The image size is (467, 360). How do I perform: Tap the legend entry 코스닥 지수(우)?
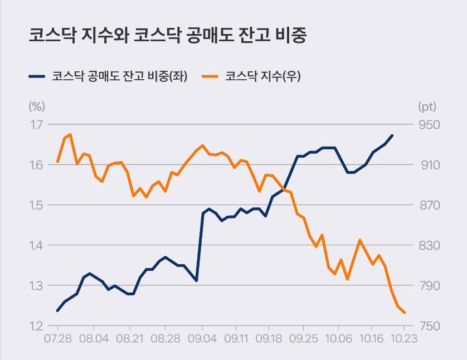coord(263,76)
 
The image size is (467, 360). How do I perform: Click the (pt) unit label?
coord(427,106)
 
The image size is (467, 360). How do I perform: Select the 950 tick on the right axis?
coord(427,124)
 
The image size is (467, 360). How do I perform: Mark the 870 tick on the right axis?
coord(427,205)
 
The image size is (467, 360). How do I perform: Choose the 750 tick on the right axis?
coord(427,326)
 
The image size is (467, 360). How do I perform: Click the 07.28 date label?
coord(58,339)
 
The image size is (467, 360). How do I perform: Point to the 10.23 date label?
coord(404,339)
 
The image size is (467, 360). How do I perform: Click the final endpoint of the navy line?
coord(392,135)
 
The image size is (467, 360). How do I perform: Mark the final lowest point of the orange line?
coord(404,313)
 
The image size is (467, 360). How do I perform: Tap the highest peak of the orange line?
coord(70,134)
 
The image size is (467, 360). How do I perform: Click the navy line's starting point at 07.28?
coord(57,310)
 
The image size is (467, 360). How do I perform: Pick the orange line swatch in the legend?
coord(210,76)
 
